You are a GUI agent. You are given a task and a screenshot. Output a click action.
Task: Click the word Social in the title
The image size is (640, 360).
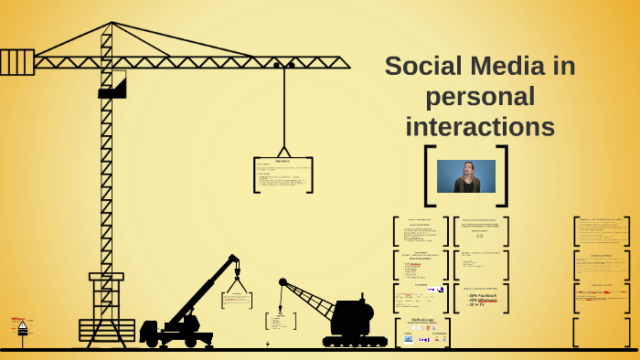(421, 66)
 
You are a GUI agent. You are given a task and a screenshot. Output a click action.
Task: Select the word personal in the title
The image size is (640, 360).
(480, 96)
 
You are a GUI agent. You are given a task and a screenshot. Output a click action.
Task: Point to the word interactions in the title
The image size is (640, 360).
(480, 126)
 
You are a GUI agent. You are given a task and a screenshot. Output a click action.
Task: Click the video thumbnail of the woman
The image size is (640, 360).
(466, 176)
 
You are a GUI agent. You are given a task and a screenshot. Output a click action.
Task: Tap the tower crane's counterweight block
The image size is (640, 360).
(16, 62)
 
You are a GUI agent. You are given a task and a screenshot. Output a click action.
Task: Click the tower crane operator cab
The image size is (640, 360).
(112, 85)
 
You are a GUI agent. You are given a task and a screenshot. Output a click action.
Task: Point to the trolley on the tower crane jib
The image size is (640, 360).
(284, 65)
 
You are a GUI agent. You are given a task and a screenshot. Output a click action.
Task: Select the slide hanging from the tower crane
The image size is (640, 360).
(283, 175)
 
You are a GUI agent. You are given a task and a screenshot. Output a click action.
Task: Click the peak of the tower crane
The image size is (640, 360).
(112, 25)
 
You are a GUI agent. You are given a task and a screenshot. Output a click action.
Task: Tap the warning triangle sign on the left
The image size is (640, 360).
(22, 325)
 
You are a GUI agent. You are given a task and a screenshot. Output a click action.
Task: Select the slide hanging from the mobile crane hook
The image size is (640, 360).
(237, 301)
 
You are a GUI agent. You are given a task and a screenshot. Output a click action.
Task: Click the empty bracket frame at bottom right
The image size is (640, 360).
(602, 332)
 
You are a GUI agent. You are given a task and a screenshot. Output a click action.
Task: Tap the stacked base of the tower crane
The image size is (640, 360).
(107, 330)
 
